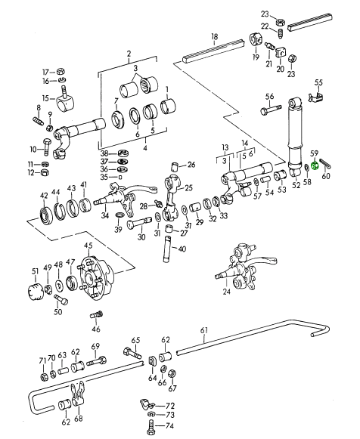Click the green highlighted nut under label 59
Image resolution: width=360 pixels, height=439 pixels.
(315, 166)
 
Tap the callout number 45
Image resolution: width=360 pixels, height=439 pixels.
(88, 246)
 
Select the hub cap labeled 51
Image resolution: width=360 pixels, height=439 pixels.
(36, 292)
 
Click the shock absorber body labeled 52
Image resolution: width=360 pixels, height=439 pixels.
(295, 137)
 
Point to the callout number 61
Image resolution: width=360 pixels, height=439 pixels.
(204, 330)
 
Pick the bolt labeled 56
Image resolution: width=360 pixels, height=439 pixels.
(272, 110)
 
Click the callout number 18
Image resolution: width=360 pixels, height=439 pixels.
(214, 37)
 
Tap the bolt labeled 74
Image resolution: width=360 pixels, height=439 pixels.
(151, 427)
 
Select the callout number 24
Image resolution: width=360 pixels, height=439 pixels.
(226, 292)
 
